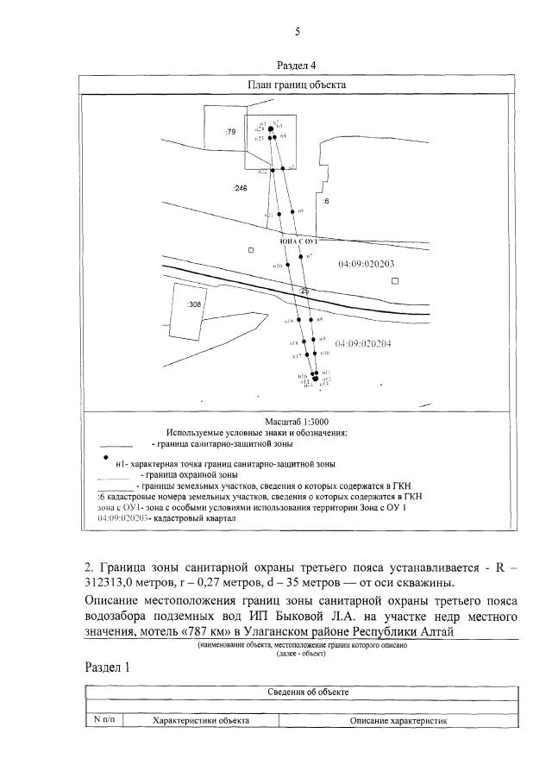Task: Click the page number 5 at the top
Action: pos(298,32)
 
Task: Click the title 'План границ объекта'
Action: pos(297,85)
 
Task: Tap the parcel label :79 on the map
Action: pos(230,133)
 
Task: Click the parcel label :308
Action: pos(194,304)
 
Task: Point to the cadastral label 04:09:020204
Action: pos(364,343)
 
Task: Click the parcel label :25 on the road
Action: pos(304,292)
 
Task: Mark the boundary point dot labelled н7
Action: pos(301,256)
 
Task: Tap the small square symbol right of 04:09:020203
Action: pos(395,281)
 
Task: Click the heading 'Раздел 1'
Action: pos(109,667)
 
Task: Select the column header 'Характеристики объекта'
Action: pos(201,720)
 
